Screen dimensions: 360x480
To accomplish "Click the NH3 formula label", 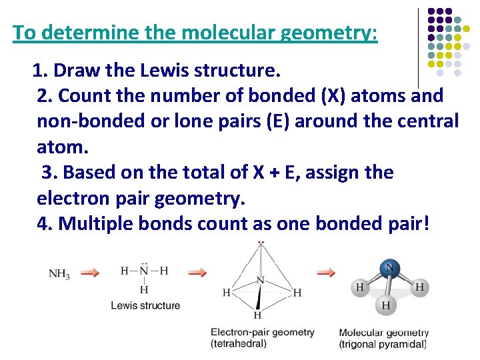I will tap(59, 273).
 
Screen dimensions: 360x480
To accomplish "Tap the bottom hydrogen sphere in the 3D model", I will tap(385, 306).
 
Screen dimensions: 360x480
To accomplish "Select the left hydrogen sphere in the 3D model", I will tap(360, 288).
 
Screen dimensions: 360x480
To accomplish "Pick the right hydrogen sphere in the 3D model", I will tap(419, 288).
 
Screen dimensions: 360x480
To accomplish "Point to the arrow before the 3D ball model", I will tap(325, 272).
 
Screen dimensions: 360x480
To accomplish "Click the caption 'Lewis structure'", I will tap(145, 305).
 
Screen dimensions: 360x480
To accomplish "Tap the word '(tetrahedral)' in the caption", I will tap(238, 344).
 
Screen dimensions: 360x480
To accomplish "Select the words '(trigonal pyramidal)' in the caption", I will tap(383, 344).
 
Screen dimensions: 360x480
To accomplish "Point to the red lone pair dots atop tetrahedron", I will tap(261, 241).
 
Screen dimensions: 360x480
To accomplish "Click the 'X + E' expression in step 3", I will tap(276, 173).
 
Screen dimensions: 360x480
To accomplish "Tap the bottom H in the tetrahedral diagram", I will tap(257, 315).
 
